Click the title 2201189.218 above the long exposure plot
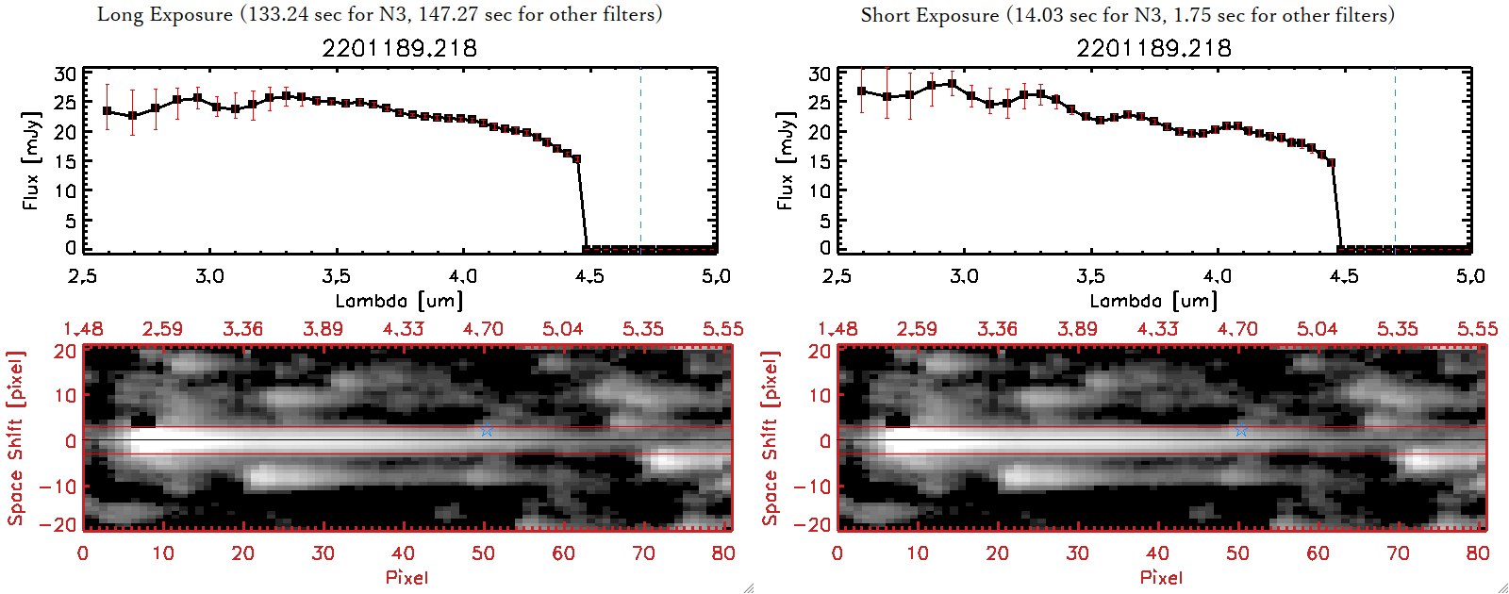[400, 48]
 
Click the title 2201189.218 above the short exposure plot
[1154, 48]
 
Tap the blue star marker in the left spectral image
[487, 431]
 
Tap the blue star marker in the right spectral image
[1241, 431]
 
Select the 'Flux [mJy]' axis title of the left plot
[32, 160]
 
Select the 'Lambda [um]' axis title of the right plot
[1153, 301]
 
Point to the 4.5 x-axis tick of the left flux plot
[589, 276]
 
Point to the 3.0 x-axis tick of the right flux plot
[964, 276]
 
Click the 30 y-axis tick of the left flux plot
[65, 74]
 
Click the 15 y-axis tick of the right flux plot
[820, 161]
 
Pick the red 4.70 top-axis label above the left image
[483, 329]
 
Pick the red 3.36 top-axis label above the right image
[997, 329]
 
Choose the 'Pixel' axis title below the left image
[406, 577]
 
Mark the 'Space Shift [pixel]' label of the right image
[771, 438]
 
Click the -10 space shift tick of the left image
[58, 487]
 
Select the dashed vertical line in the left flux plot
[640, 160]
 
